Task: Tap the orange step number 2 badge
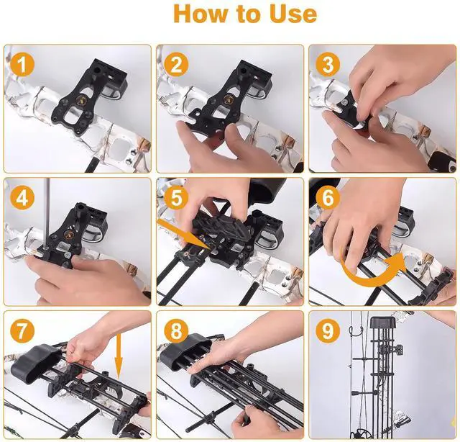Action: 176,66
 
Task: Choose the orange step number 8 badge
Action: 176,332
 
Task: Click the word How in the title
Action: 202,14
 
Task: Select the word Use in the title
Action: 287,14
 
